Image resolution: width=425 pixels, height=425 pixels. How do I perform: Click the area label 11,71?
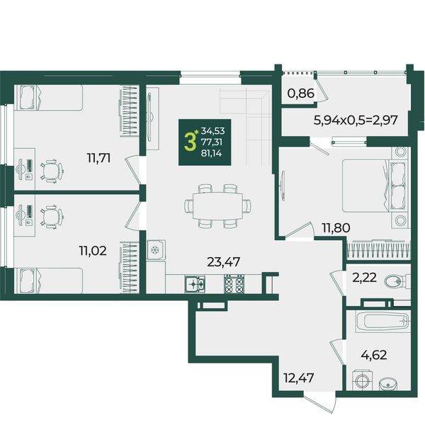[98, 158]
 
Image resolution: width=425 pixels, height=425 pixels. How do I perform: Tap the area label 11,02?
[93, 251]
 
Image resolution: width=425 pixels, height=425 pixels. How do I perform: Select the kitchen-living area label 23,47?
[223, 262]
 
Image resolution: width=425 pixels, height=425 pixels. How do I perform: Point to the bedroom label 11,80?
[336, 227]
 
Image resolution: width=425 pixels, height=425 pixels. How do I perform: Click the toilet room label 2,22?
[364, 278]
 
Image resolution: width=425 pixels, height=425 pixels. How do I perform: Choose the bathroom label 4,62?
[374, 355]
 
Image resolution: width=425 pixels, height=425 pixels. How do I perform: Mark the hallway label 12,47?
[298, 378]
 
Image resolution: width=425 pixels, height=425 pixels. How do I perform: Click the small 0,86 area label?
[301, 93]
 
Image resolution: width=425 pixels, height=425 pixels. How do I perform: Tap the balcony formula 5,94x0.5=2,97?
[356, 120]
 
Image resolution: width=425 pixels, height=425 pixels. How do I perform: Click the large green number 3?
[190, 142]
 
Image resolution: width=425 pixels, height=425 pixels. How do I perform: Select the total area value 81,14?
[211, 154]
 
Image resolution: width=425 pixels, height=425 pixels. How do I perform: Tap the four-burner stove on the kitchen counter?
[234, 284]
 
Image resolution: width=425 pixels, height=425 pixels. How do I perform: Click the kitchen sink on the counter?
[195, 284]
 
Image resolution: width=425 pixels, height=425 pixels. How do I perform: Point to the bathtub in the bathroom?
[382, 322]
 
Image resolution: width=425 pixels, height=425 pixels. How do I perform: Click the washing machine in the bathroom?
[363, 381]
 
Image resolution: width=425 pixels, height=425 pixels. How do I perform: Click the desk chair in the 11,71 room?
[52, 171]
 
